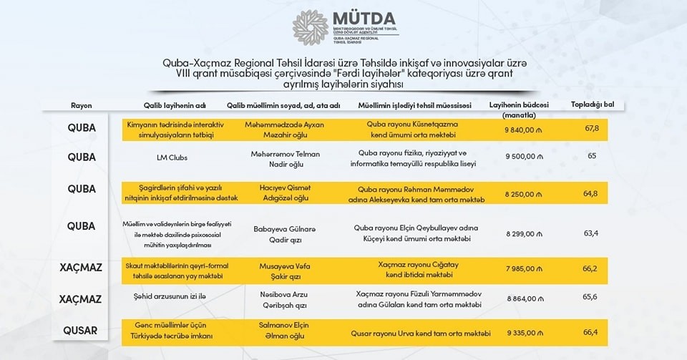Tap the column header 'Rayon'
click(x=82, y=105)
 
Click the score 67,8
click(x=591, y=128)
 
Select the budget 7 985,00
click(x=525, y=270)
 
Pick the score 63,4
click(x=591, y=233)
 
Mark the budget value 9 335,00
click(x=525, y=333)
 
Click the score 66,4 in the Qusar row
click(x=591, y=333)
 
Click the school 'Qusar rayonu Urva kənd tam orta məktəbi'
click(x=421, y=334)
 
